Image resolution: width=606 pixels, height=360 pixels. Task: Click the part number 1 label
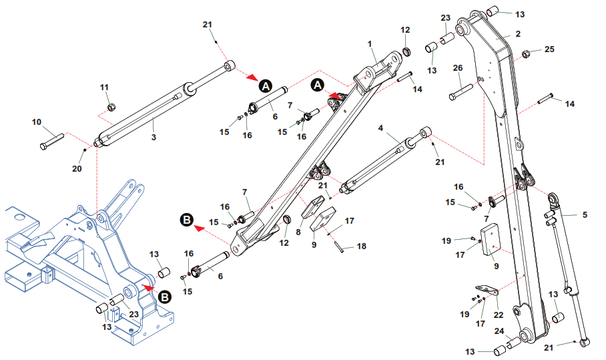click(369, 43)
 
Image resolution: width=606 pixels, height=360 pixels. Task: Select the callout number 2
click(517, 33)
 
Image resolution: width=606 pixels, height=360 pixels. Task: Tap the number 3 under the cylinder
click(154, 138)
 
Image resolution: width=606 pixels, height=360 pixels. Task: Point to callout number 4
click(380, 128)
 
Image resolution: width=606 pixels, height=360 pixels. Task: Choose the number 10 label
click(37, 122)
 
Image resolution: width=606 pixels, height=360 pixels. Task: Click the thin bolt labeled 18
click(339, 244)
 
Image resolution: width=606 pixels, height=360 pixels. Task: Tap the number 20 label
click(77, 170)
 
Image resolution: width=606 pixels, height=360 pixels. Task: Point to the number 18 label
click(361, 246)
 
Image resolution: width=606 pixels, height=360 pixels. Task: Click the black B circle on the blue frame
click(164, 297)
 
